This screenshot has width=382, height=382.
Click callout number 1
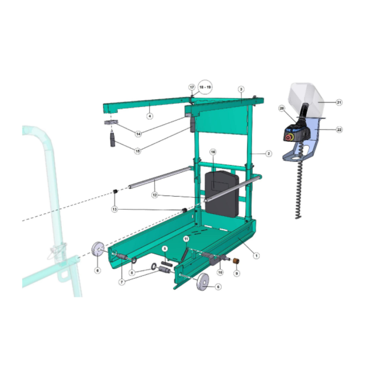(256, 256)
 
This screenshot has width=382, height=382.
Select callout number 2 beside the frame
(269, 154)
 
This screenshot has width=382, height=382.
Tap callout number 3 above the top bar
(241, 89)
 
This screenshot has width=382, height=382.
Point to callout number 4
(150, 116)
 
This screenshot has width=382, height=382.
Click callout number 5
(165, 249)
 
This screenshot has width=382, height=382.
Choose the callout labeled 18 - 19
(205, 87)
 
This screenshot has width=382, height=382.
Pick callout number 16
(213, 152)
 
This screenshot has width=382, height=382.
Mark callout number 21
(339, 102)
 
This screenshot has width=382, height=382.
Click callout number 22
(339, 129)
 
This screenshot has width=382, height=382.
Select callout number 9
(236, 274)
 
